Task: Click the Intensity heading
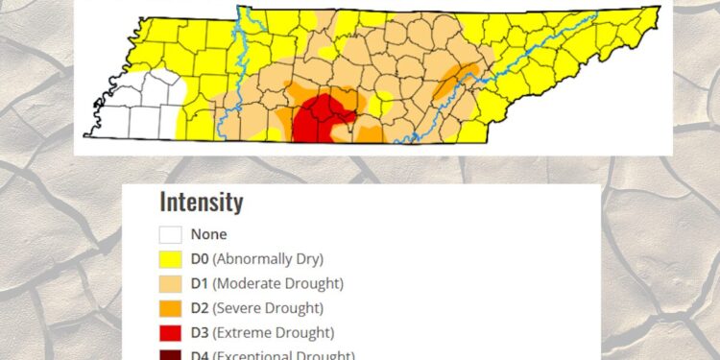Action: [x=201, y=203]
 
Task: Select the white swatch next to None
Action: [x=171, y=233]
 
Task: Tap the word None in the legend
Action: [x=208, y=233]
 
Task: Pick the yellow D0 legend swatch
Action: [x=171, y=258]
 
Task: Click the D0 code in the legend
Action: [x=200, y=258]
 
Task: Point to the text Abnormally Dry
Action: [x=268, y=258]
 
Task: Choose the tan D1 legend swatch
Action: [x=171, y=283]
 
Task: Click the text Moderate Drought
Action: [x=277, y=283]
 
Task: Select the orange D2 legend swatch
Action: [x=171, y=308]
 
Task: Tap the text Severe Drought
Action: [x=268, y=308]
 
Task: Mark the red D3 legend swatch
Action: [x=171, y=333]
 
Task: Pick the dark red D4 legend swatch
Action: [x=171, y=355]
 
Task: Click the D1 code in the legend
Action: [x=200, y=283]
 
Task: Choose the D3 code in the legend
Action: [x=200, y=333]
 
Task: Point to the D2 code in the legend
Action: [x=200, y=308]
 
